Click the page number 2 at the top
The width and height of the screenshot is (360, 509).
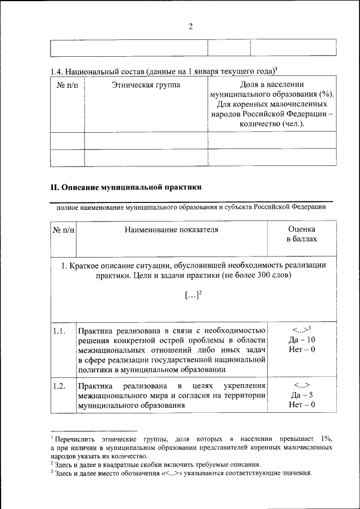click(x=191, y=26)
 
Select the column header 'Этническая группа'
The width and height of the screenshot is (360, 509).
click(x=146, y=85)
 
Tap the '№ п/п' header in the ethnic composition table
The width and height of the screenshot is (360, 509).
click(x=67, y=85)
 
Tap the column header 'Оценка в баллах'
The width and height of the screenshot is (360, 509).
click(x=301, y=234)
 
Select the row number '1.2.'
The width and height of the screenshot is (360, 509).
click(x=60, y=386)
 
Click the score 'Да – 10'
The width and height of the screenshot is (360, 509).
click(x=301, y=340)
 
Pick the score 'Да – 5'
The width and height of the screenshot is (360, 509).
click(x=301, y=395)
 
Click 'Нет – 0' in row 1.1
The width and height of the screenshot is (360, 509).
click(x=301, y=350)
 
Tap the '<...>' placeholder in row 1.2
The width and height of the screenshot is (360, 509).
click(x=301, y=386)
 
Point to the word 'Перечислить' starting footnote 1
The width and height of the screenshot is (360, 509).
click(x=74, y=438)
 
